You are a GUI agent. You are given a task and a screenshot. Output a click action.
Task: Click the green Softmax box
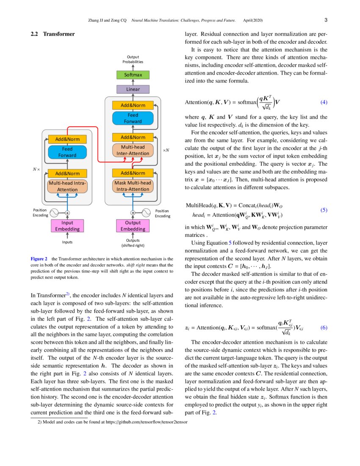[x=133, y=75]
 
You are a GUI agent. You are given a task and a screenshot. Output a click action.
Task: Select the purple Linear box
[x=133, y=89]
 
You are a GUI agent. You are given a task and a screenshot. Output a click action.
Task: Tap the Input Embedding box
[x=67, y=225]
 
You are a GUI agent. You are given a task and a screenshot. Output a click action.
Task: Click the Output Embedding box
[x=133, y=225]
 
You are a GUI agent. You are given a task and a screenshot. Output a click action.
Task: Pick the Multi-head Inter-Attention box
[x=133, y=150]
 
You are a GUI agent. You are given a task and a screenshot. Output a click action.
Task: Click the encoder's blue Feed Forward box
[x=67, y=152]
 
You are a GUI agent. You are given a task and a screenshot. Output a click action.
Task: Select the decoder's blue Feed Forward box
[x=133, y=118]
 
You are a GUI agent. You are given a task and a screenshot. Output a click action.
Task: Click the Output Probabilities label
[x=133, y=59]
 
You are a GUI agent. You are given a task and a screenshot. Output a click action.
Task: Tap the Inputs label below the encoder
[x=67, y=242]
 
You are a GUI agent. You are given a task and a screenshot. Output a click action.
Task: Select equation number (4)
[x=323, y=102]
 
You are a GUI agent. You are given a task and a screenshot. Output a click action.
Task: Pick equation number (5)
[x=323, y=210]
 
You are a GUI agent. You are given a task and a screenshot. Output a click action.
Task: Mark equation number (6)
[x=323, y=327]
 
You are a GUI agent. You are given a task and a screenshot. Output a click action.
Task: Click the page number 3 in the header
[x=326, y=20]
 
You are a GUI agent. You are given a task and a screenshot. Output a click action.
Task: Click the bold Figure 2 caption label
[x=39, y=258]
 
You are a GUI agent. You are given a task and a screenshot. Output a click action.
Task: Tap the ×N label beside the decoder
[x=166, y=150]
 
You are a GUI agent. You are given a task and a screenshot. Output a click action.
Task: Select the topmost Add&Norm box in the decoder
[x=133, y=105]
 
